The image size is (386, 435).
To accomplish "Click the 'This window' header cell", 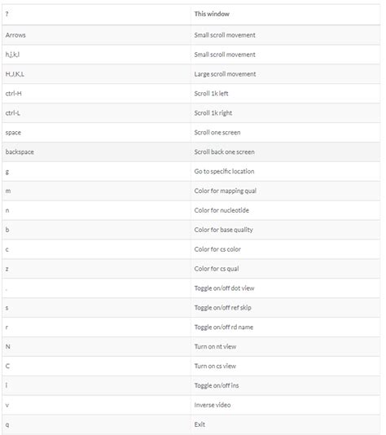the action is click(x=212, y=15).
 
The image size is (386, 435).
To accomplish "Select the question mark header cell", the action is click(x=7, y=15).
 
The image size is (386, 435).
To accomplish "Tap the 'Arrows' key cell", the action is click(x=15, y=35).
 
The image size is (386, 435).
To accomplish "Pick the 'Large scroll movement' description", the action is click(x=225, y=74).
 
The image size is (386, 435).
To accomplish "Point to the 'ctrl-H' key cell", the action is click(x=14, y=94).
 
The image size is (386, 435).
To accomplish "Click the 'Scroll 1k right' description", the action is click(x=213, y=113).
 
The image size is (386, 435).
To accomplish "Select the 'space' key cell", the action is click(x=15, y=132).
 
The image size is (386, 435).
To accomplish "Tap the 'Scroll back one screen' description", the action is click(x=225, y=152).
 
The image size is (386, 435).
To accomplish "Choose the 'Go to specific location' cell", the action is click(x=225, y=171).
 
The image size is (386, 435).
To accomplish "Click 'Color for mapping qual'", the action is click(x=225, y=191).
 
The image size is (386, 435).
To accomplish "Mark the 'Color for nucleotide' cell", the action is click(x=222, y=210).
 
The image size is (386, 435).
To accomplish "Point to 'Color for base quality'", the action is click(x=224, y=230).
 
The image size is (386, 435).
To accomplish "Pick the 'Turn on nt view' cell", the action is click(x=216, y=347).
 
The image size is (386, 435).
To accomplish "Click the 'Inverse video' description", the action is click(x=213, y=405).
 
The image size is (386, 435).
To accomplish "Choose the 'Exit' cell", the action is click(x=200, y=424).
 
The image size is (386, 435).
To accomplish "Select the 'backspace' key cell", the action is click(x=20, y=152).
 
